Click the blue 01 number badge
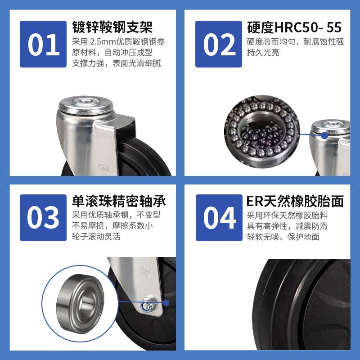(43, 44)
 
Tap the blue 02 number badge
(219, 44)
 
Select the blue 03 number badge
(43, 218)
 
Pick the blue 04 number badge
(219, 218)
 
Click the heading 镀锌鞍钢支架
(112, 27)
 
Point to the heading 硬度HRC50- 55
(294, 27)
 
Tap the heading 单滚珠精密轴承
(119, 201)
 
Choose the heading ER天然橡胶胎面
(295, 201)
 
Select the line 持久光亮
(263, 53)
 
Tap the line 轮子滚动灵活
(96, 237)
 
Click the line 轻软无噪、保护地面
(283, 237)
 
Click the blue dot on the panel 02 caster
(324, 135)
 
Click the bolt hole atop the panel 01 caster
(85, 101)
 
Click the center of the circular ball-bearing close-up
(262, 132)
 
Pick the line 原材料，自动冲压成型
(112, 53)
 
